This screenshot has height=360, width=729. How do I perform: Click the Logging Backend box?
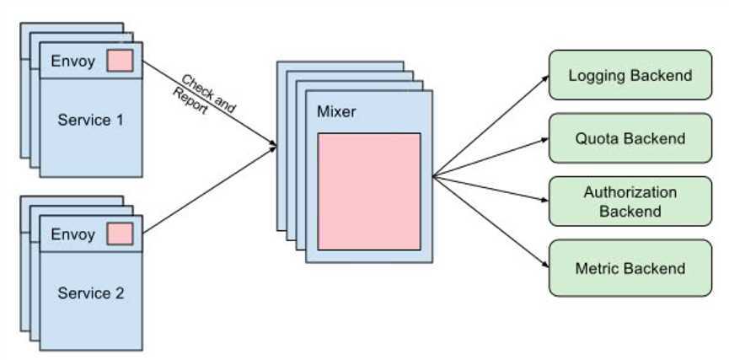point(630,76)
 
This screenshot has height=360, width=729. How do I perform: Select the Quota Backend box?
point(630,138)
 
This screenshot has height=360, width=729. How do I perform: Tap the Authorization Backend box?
point(630,201)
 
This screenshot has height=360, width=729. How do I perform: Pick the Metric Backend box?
point(630,268)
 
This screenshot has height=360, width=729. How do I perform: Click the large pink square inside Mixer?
point(368,191)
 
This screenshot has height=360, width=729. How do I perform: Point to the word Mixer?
point(337,112)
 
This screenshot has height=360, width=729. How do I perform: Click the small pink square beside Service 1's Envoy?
point(120,61)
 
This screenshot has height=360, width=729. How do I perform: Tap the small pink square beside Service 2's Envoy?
point(120,234)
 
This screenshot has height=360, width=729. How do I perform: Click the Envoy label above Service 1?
point(72,61)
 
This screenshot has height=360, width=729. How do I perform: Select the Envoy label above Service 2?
point(72,234)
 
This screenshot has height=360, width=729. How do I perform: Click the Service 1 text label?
point(90,120)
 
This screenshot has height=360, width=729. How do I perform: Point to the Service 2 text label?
point(90,293)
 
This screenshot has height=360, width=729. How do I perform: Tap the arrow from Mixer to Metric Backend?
point(489,221)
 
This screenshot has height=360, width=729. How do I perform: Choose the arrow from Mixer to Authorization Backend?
point(489,189)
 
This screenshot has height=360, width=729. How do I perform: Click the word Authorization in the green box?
point(630,192)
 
